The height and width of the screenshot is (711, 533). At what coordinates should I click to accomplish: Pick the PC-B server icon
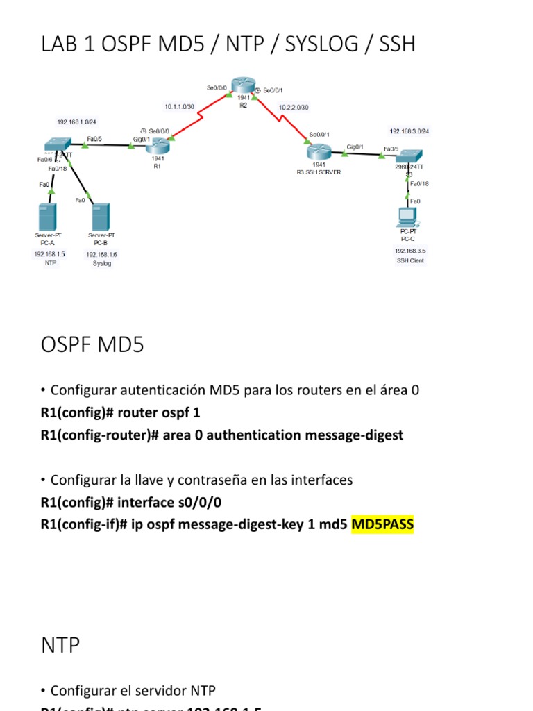101,217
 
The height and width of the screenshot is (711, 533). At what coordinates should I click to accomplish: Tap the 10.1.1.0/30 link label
178,107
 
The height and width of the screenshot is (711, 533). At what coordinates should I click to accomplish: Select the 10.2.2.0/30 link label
294,107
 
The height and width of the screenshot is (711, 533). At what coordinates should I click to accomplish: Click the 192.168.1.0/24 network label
77,122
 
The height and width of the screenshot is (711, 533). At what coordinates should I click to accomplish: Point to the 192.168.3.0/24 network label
409,131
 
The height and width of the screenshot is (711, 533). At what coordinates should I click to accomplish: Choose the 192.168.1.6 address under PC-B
101,255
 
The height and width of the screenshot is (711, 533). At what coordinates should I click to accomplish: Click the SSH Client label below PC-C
409,261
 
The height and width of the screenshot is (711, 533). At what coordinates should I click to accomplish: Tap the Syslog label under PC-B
101,264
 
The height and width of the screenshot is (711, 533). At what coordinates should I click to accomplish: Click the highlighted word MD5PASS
382,524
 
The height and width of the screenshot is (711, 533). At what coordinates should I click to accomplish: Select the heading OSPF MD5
92,344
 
